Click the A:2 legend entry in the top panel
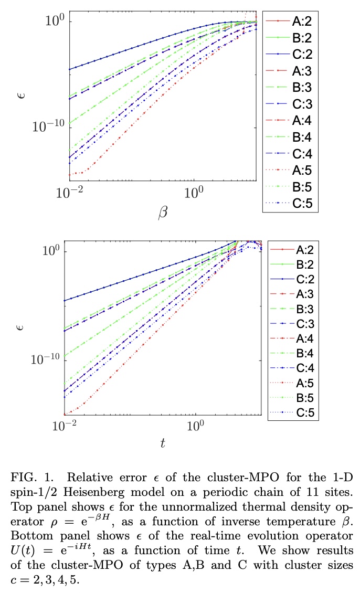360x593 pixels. (290, 22)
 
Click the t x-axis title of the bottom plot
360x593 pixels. (163, 443)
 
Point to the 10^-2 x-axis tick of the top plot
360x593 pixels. (70, 192)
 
